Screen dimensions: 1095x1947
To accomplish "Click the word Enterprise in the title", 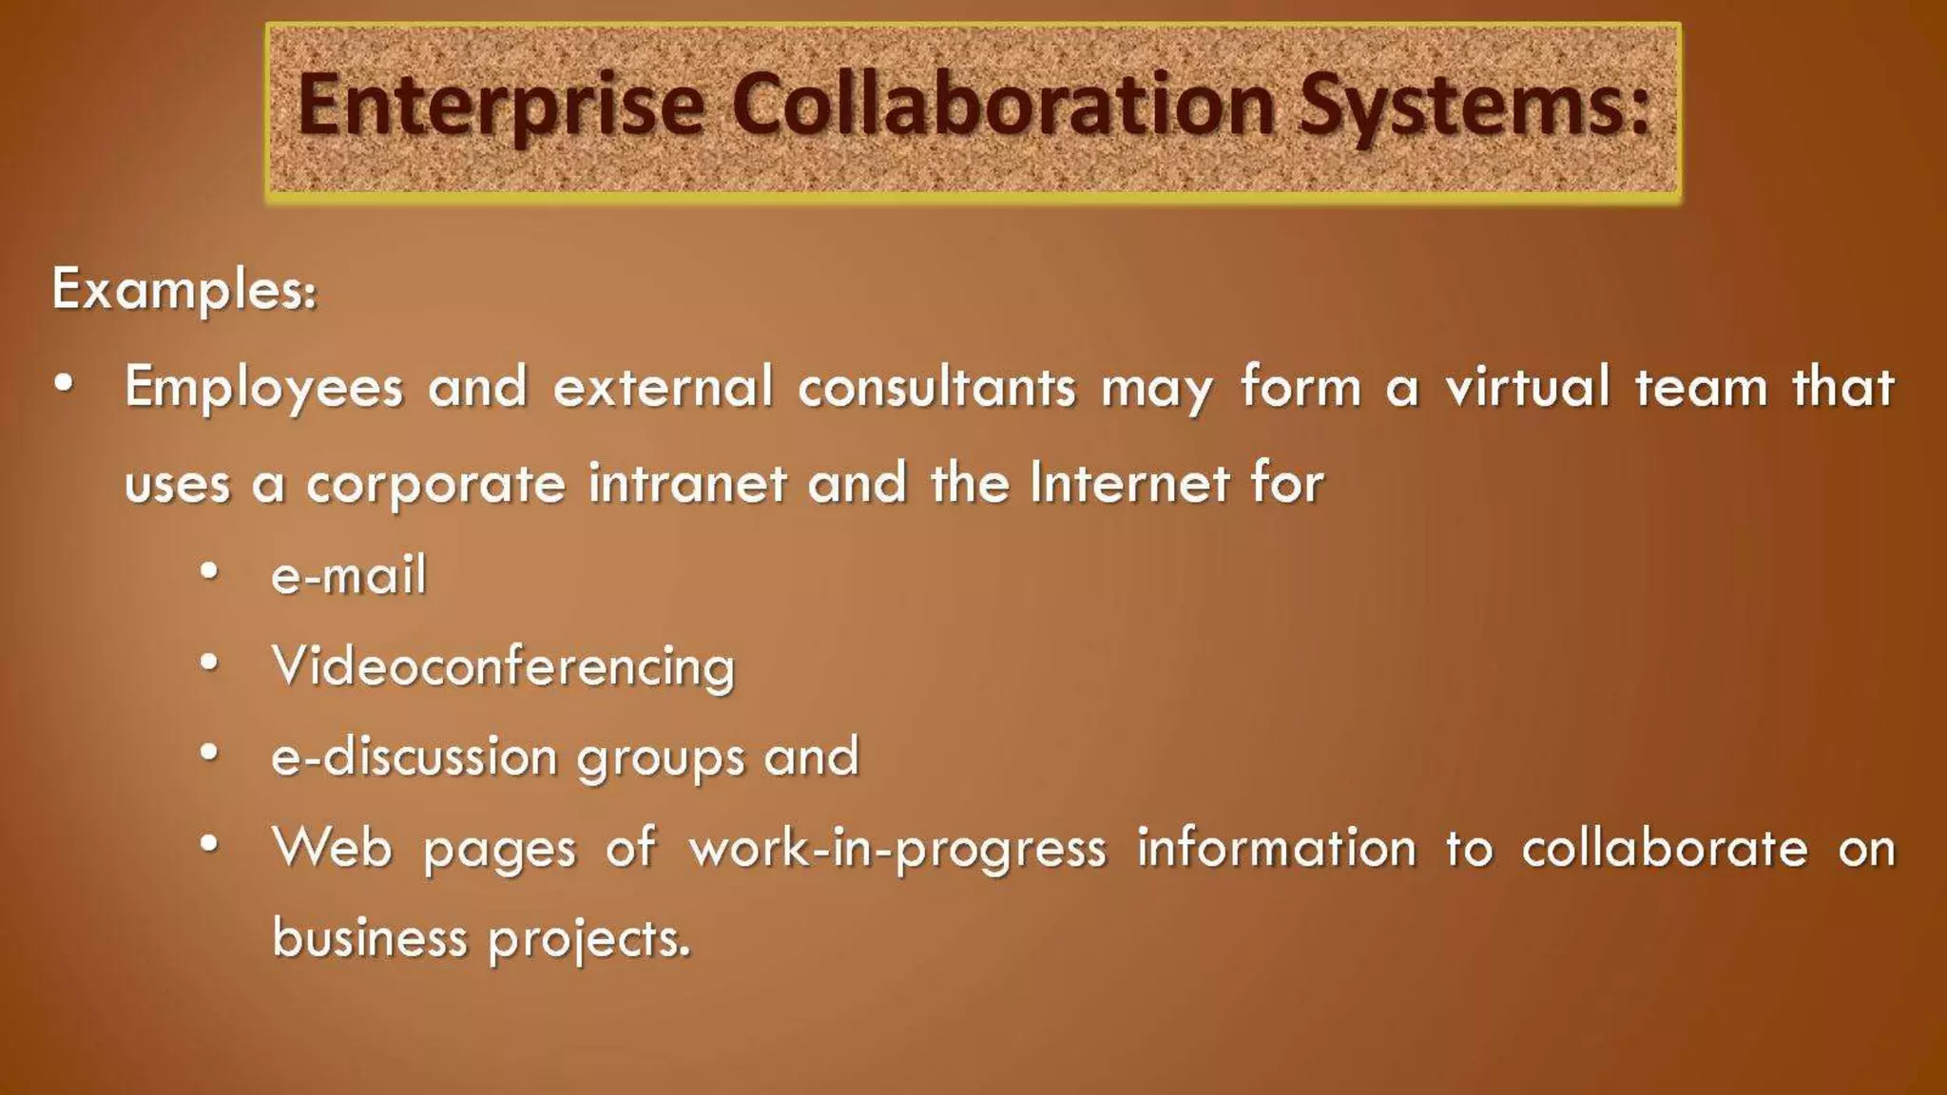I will [501, 106].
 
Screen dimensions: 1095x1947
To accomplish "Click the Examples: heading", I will [184, 289].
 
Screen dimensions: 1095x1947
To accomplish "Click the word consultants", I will [936, 387].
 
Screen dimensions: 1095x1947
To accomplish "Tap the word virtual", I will [1527, 387].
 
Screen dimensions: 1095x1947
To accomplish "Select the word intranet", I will [687, 482].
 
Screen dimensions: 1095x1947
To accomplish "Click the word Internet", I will [1130, 482].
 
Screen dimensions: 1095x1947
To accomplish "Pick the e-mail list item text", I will [349, 575].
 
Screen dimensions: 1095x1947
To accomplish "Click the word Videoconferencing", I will [504, 666].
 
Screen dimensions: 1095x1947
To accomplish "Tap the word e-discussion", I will [414, 757].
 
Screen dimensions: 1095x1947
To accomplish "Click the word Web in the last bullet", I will [332, 847].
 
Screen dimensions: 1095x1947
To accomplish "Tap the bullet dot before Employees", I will [64, 385].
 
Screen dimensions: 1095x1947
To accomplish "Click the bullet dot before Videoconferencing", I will [210, 663].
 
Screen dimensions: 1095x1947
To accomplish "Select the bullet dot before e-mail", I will [210, 572].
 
